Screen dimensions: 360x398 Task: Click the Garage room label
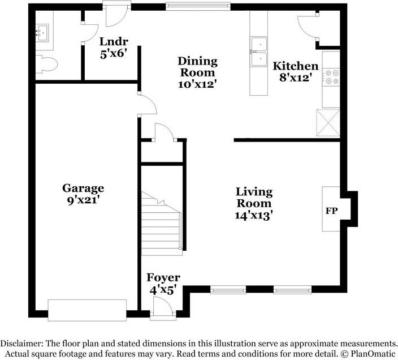[83, 188]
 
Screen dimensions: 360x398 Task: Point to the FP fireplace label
[331, 211]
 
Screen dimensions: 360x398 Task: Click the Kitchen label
[296, 66]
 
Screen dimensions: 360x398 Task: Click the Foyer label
[163, 277]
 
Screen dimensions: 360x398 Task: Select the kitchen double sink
[259, 52]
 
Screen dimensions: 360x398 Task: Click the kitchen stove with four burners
[331, 77]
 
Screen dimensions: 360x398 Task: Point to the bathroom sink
[42, 33]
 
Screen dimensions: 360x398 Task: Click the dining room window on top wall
[198, 6]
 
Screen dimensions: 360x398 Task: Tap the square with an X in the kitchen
[328, 123]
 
